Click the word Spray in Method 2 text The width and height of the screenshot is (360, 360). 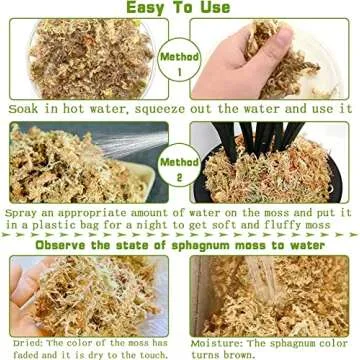coord(23,213)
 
